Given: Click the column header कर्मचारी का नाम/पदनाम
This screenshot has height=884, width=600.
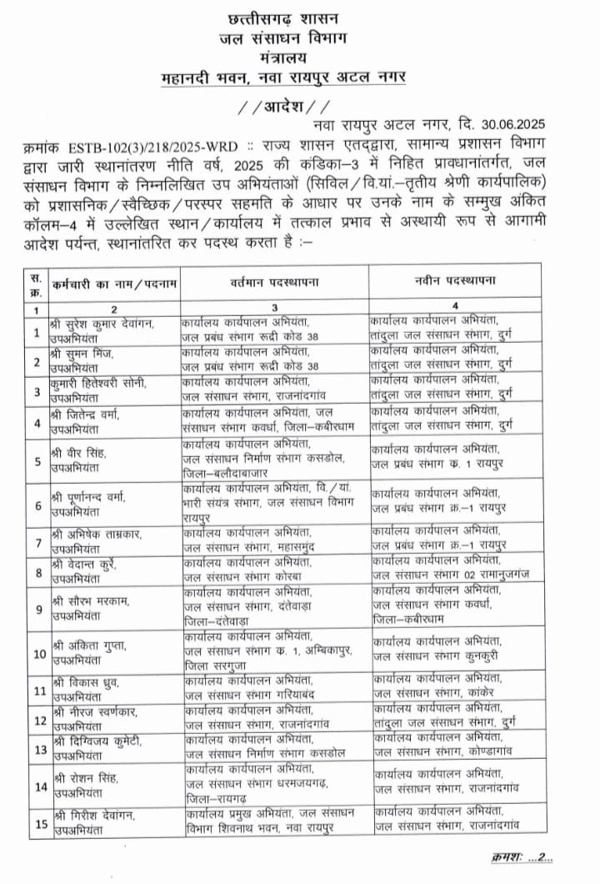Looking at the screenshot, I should click(x=109, y=284).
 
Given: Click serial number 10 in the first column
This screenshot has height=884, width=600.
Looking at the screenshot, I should click(x=37, y=652).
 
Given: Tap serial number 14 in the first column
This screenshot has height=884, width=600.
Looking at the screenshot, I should click(x=37, y=786).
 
